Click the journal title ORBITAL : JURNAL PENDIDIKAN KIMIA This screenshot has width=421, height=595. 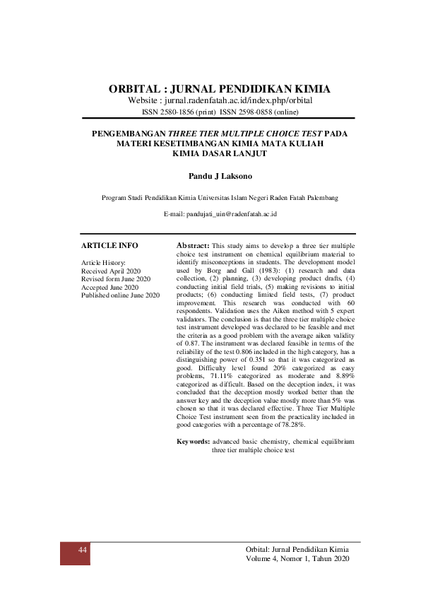coord(220,89)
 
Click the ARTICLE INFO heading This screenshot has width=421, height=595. coord(109,245)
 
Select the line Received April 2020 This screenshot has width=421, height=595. coord(111,271)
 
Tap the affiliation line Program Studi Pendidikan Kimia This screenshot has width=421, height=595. coord(220,198)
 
